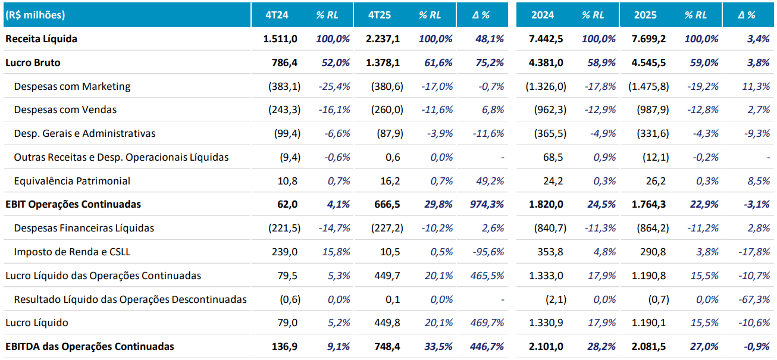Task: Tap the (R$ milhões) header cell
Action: click(35, 15)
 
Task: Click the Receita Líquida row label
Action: click(41, 39)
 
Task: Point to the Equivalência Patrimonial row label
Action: click(72, 181)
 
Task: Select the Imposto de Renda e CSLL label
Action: click(72, 252)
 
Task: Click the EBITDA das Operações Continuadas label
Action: click(90, 346)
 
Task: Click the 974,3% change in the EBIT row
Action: click(487, 204)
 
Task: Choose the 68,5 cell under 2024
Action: click(554, 157)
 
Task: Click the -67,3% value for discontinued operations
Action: click(754, 299)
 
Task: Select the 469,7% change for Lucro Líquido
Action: click(487, 323)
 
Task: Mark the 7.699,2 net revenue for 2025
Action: click(649, 39)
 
